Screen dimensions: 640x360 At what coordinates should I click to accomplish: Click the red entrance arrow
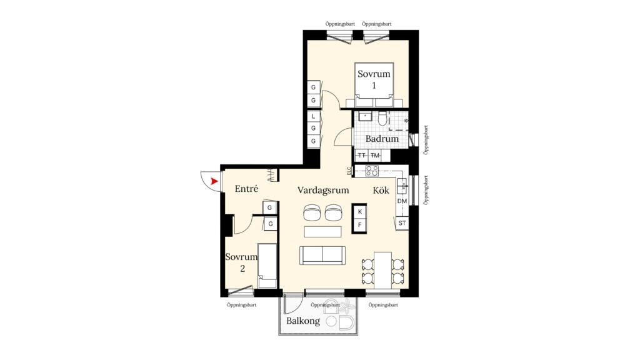point(214,181)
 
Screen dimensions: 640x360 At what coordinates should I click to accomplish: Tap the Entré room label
point(246,189)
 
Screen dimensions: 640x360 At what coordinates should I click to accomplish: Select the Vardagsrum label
point(323,190)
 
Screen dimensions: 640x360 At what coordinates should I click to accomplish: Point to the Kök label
point(381,190)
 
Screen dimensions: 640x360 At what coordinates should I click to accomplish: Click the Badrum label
point(382,138)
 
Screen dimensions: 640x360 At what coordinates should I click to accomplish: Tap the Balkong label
point(303,321)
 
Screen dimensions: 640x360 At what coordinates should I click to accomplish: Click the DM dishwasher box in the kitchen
point(402,201)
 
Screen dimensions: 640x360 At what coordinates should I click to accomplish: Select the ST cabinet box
point(402,223)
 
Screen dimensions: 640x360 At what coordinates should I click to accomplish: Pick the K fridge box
point(359,211)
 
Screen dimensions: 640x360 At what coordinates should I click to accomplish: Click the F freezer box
point(359,225)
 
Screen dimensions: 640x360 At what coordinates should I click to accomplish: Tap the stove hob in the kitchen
point(372,171)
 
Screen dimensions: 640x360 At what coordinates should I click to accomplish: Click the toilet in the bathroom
point(382,118)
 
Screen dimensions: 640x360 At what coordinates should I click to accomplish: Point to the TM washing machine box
point(375,156)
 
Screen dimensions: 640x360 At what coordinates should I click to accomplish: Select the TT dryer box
point(362,156)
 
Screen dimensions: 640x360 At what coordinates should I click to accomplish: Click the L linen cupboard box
point(314,116)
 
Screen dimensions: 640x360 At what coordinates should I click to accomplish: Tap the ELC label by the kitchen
point(349,171)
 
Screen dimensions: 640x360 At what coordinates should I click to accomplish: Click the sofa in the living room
point(322,256)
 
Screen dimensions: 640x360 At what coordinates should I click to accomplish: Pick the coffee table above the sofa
point(322,232)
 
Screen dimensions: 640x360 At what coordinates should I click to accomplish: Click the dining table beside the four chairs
point(383,271)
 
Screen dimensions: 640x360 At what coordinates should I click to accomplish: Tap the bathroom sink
point(365,116)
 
